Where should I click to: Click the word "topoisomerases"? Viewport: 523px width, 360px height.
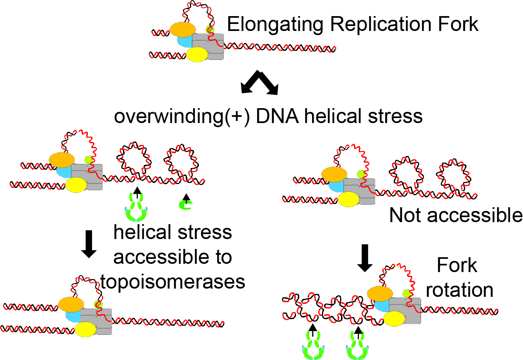173,282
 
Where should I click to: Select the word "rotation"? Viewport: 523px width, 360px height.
459,289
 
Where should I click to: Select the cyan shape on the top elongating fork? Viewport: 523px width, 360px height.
185,41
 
